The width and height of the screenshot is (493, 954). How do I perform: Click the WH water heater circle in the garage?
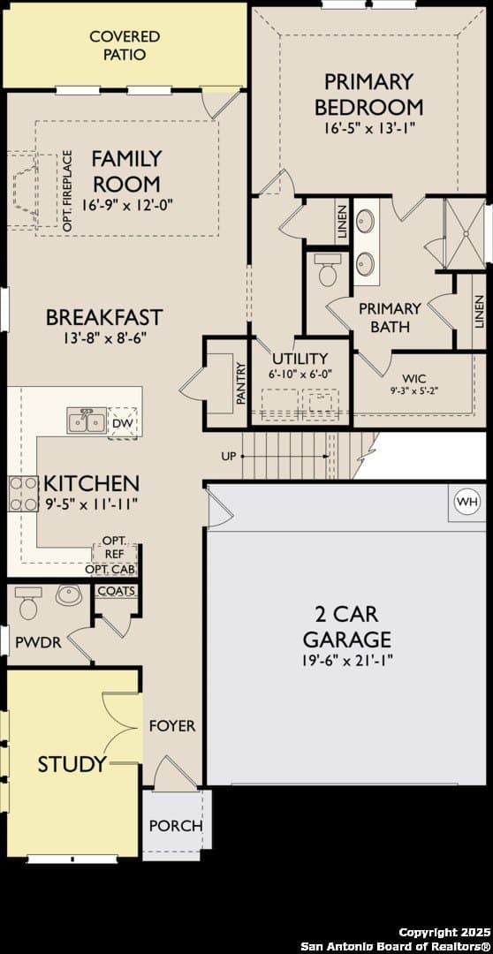467,502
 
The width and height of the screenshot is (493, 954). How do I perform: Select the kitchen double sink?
86,421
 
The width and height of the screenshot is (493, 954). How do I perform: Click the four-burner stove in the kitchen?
22,494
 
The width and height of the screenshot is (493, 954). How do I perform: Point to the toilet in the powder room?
28,602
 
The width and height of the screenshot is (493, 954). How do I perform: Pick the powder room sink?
69,594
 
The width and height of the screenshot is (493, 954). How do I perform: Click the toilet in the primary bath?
327,269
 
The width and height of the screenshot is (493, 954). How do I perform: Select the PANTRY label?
240,384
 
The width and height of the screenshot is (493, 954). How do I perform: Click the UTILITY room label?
300,359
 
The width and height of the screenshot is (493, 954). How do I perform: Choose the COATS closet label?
116,591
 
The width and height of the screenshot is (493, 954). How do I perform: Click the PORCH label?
176,826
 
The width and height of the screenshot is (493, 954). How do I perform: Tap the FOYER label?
173,726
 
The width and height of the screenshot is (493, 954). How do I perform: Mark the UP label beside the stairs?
228,456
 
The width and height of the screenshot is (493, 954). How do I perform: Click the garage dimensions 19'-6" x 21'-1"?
347,661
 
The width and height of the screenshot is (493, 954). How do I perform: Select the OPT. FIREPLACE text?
67,191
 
